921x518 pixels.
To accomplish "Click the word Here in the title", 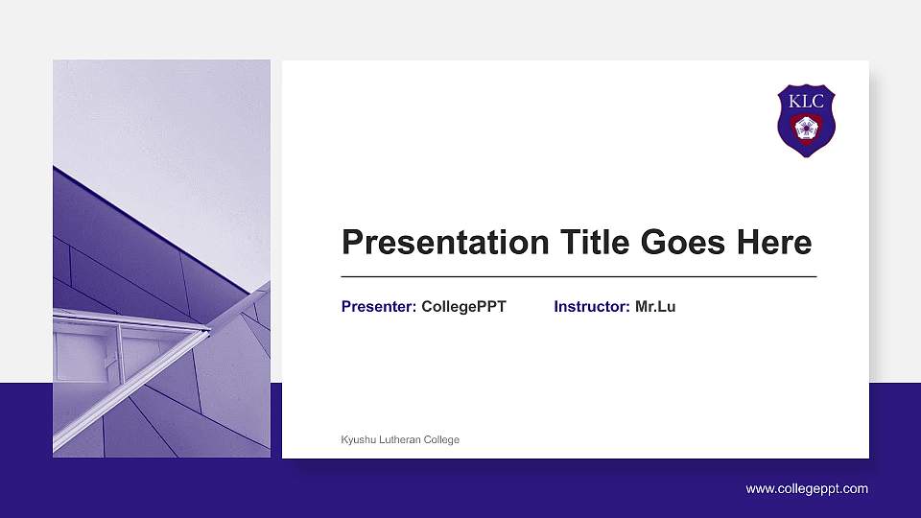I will [773, 243].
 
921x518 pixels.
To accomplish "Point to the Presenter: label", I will [379, 307].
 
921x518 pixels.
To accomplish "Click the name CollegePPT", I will [463, 307].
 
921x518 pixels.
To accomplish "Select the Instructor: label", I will [592, 307].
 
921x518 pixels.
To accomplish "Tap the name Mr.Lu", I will [655, 307].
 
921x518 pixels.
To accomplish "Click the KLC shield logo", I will [806, 121].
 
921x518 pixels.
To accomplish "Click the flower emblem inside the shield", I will [806, 129].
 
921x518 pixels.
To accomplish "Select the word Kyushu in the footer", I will [359, 440].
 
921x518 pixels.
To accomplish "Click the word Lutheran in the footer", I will [402, 440].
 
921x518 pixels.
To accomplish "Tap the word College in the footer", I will [442, 440].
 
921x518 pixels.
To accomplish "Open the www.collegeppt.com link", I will [807, 489].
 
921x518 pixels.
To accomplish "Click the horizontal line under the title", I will [579, 276].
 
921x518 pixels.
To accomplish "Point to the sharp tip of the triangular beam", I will [207, 330].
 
